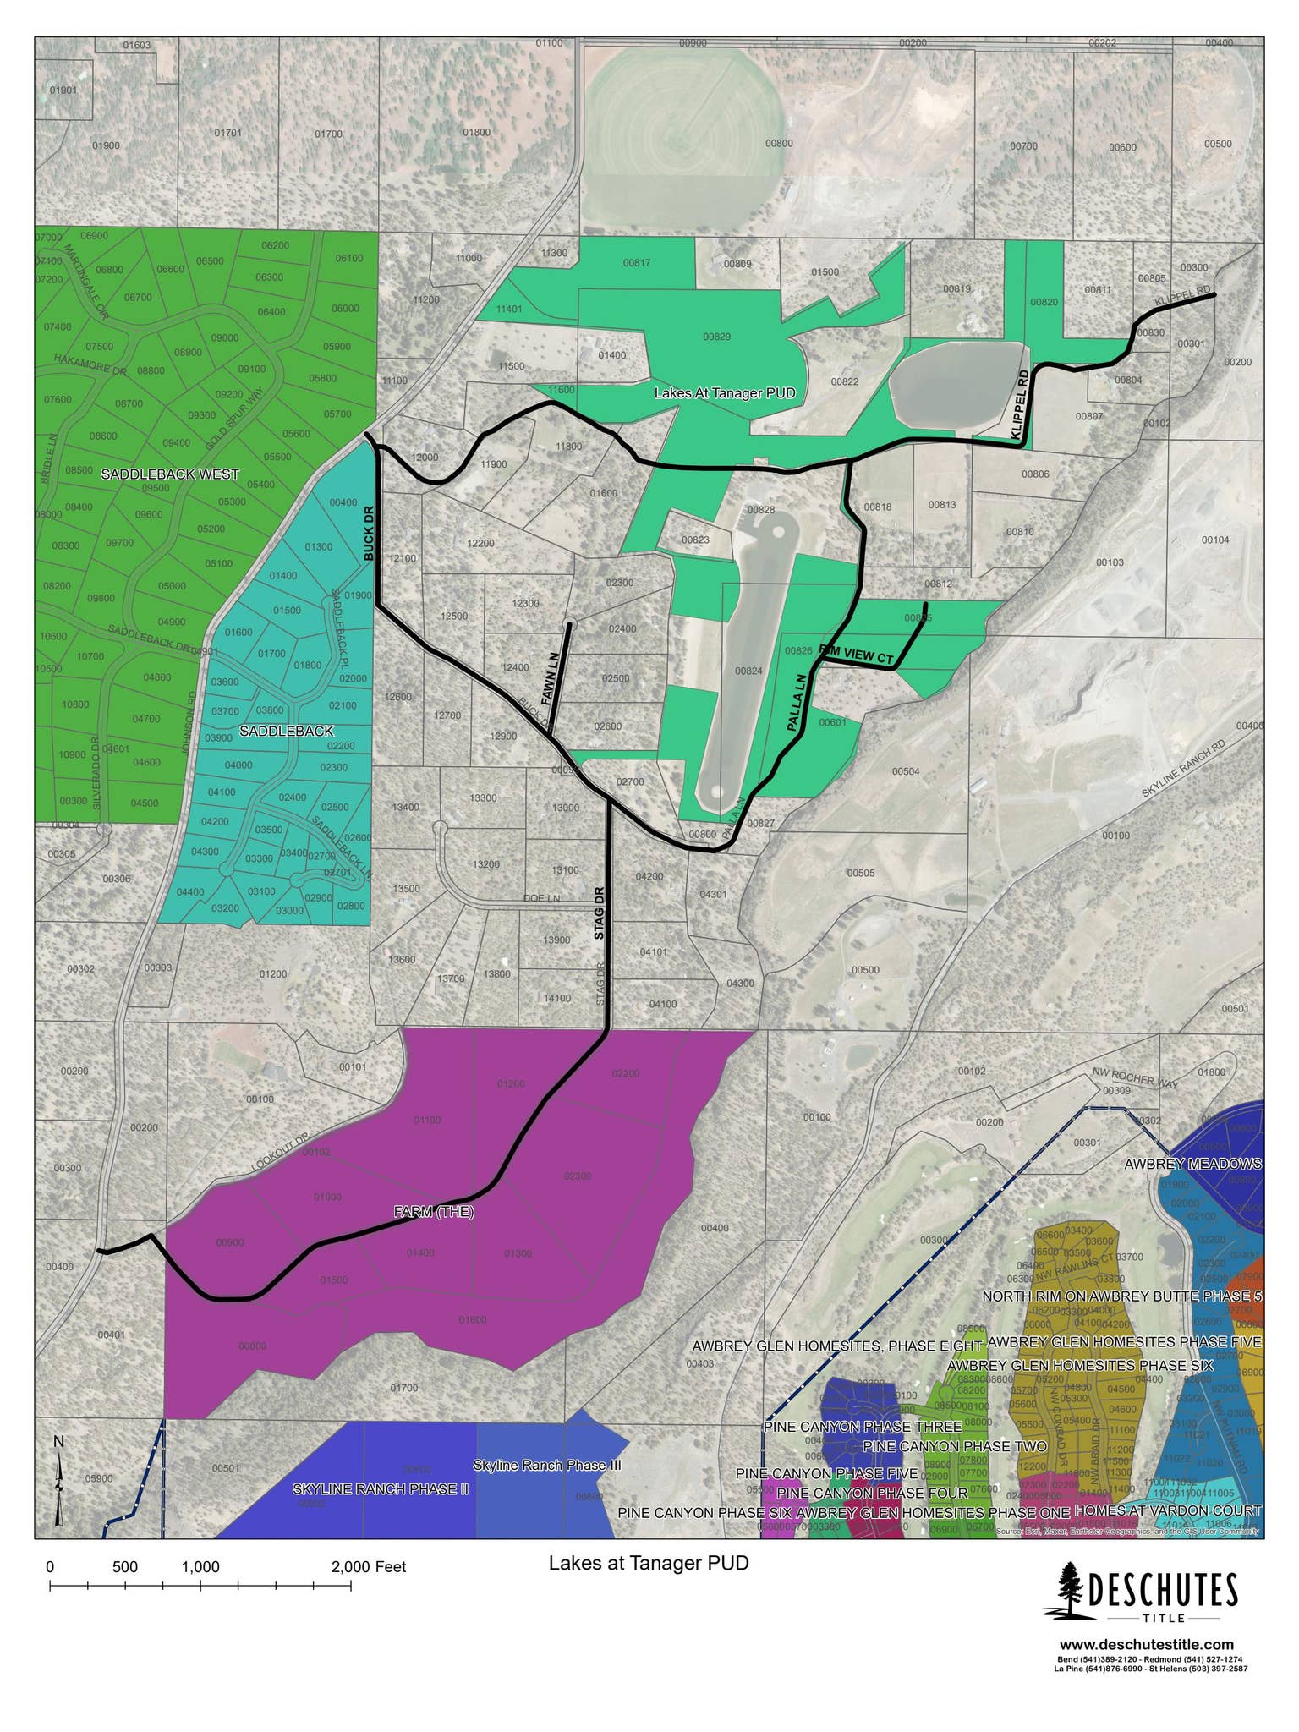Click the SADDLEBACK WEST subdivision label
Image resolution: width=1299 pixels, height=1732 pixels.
tap(170, 474)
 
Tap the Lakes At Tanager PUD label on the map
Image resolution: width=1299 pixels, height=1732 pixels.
tap(725, 393)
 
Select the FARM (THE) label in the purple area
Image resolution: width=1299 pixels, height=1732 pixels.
tap(434, 1212)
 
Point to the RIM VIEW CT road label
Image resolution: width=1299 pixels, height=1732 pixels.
tap(857, 654)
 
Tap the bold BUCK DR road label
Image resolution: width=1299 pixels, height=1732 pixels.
tap(369, 534)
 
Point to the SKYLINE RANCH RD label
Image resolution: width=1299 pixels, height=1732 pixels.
tap(1183, 769)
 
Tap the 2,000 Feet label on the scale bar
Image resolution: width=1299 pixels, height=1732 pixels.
tap(369, 1567)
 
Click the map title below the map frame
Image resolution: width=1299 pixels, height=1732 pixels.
tap(649, 1562)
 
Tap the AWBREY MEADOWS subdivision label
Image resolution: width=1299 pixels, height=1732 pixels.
tap(1192, 1164)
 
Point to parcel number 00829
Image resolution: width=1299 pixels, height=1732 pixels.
tap(716, 337)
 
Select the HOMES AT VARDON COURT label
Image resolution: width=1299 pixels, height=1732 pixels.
tap(1168, 1510)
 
